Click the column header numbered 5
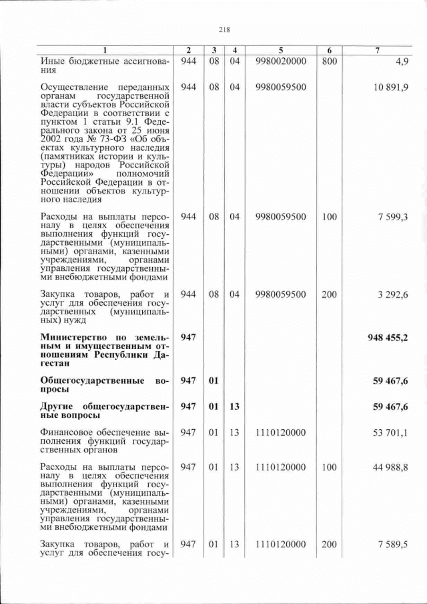pos(280,51)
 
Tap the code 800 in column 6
pos(329,61)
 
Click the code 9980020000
pos(280,61)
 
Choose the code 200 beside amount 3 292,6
pos(329,294)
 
